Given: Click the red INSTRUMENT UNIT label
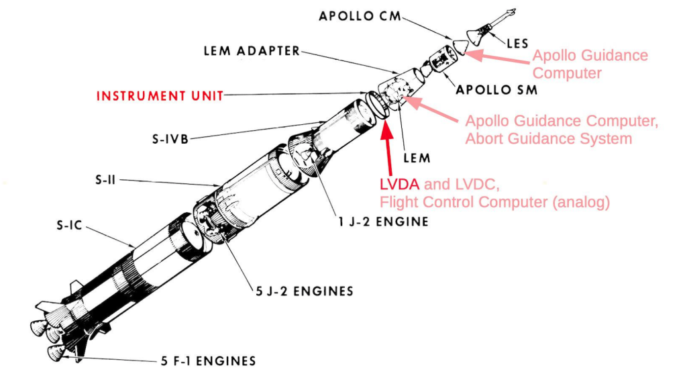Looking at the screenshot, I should tap(160, 95).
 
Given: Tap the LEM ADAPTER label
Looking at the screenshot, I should tap(252, 51).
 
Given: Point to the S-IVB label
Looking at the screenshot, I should tap(170, 140).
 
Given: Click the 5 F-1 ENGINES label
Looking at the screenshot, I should tap(208, 361).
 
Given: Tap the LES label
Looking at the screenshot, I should tap(517, 44).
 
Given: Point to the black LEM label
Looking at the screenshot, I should tap(416, 158).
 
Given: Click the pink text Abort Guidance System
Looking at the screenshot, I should tap(549, 139).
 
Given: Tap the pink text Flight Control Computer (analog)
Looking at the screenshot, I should tap(494, 202).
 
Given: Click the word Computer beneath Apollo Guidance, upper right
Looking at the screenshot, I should tap(568, 73).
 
